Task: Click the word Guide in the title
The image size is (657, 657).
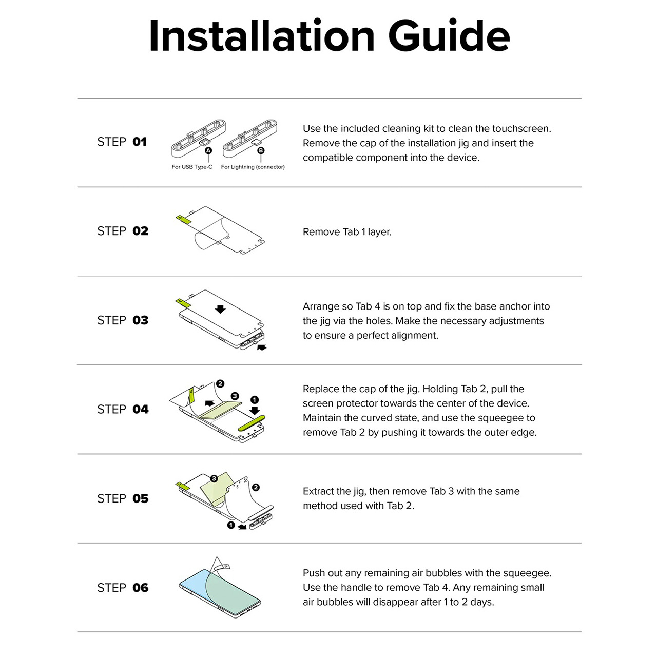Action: pos(449,36)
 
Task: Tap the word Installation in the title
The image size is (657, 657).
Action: pos(262,36)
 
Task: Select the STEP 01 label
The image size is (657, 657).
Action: pos(122,142)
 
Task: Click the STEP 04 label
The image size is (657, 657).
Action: pos(123,409)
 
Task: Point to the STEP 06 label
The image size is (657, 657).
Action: pos(123,588)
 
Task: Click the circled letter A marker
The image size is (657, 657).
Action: pos(208,150)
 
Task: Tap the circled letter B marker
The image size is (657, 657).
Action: pos(261,150)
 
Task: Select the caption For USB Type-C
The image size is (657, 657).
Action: pos(192,167)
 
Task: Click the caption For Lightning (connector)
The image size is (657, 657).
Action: pos(253,167)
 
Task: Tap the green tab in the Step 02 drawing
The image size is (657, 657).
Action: pos(183,219)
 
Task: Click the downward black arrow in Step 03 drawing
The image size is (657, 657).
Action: pos(220,309)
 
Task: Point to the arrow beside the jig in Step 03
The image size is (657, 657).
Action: pos(262,347)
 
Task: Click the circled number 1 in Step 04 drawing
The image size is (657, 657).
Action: pos(255,399)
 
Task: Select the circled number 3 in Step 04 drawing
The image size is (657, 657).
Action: pos(235,396)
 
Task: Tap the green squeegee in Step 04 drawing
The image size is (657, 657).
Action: pos(252,423)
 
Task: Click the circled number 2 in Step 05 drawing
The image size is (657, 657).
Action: pos(256,488)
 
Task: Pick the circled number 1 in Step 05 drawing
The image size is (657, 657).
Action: pos(231,525)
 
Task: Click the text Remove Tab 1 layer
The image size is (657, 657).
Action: pos(347,232)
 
